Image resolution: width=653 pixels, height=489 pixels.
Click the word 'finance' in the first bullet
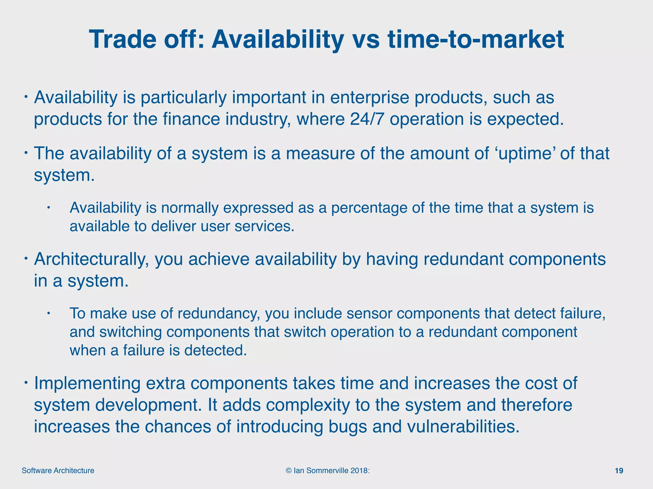(191, 119)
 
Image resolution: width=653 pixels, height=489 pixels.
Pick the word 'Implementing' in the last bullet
(87, 383)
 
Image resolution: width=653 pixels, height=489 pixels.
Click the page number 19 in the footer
(619, 471)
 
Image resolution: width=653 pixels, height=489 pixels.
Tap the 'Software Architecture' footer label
(58, 471)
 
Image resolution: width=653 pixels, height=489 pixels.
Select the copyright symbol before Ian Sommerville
(289, 471)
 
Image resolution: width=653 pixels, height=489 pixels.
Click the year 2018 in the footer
(359, 471)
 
